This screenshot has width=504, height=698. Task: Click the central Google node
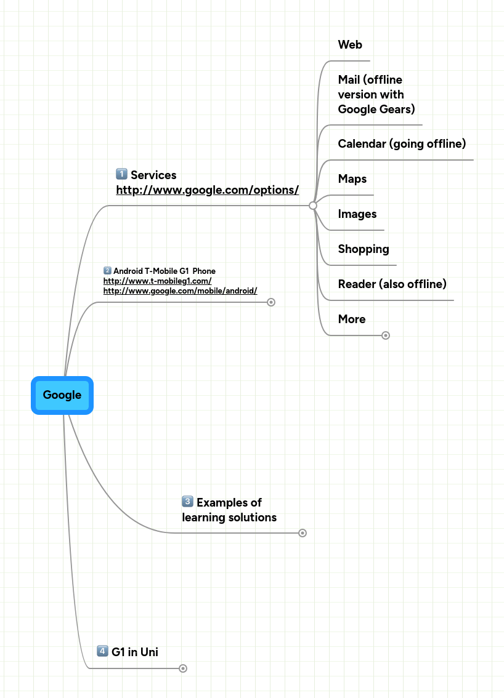pos(62,395)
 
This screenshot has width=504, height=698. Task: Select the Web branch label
pos(350,45)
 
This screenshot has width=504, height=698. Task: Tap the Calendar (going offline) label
pos(402,144)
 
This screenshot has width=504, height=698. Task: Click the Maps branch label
pos(352,179)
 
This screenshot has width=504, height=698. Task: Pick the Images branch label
pos(357,214)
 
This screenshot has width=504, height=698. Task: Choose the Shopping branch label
pos(364,249)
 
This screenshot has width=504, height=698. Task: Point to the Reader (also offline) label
pos(392,284)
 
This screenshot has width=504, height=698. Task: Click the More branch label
pos(352,319)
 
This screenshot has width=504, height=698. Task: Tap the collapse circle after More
pos(386,335)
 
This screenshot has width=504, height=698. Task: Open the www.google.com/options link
pos(208,190)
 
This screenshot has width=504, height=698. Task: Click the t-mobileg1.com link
pos(157,281)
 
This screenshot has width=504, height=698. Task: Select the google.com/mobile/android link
pos(180,291)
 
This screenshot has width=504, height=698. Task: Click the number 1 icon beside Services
pos(121,175)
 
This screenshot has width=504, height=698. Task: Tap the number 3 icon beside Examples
pos(187,502)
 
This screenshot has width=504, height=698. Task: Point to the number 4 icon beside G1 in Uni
pos(102,651)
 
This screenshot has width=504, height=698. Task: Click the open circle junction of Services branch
pos(313,205)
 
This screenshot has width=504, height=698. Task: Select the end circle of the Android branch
pos(271,302)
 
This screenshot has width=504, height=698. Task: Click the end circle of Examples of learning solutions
pos(303,533)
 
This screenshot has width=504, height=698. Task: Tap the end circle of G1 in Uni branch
pos(183,668)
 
